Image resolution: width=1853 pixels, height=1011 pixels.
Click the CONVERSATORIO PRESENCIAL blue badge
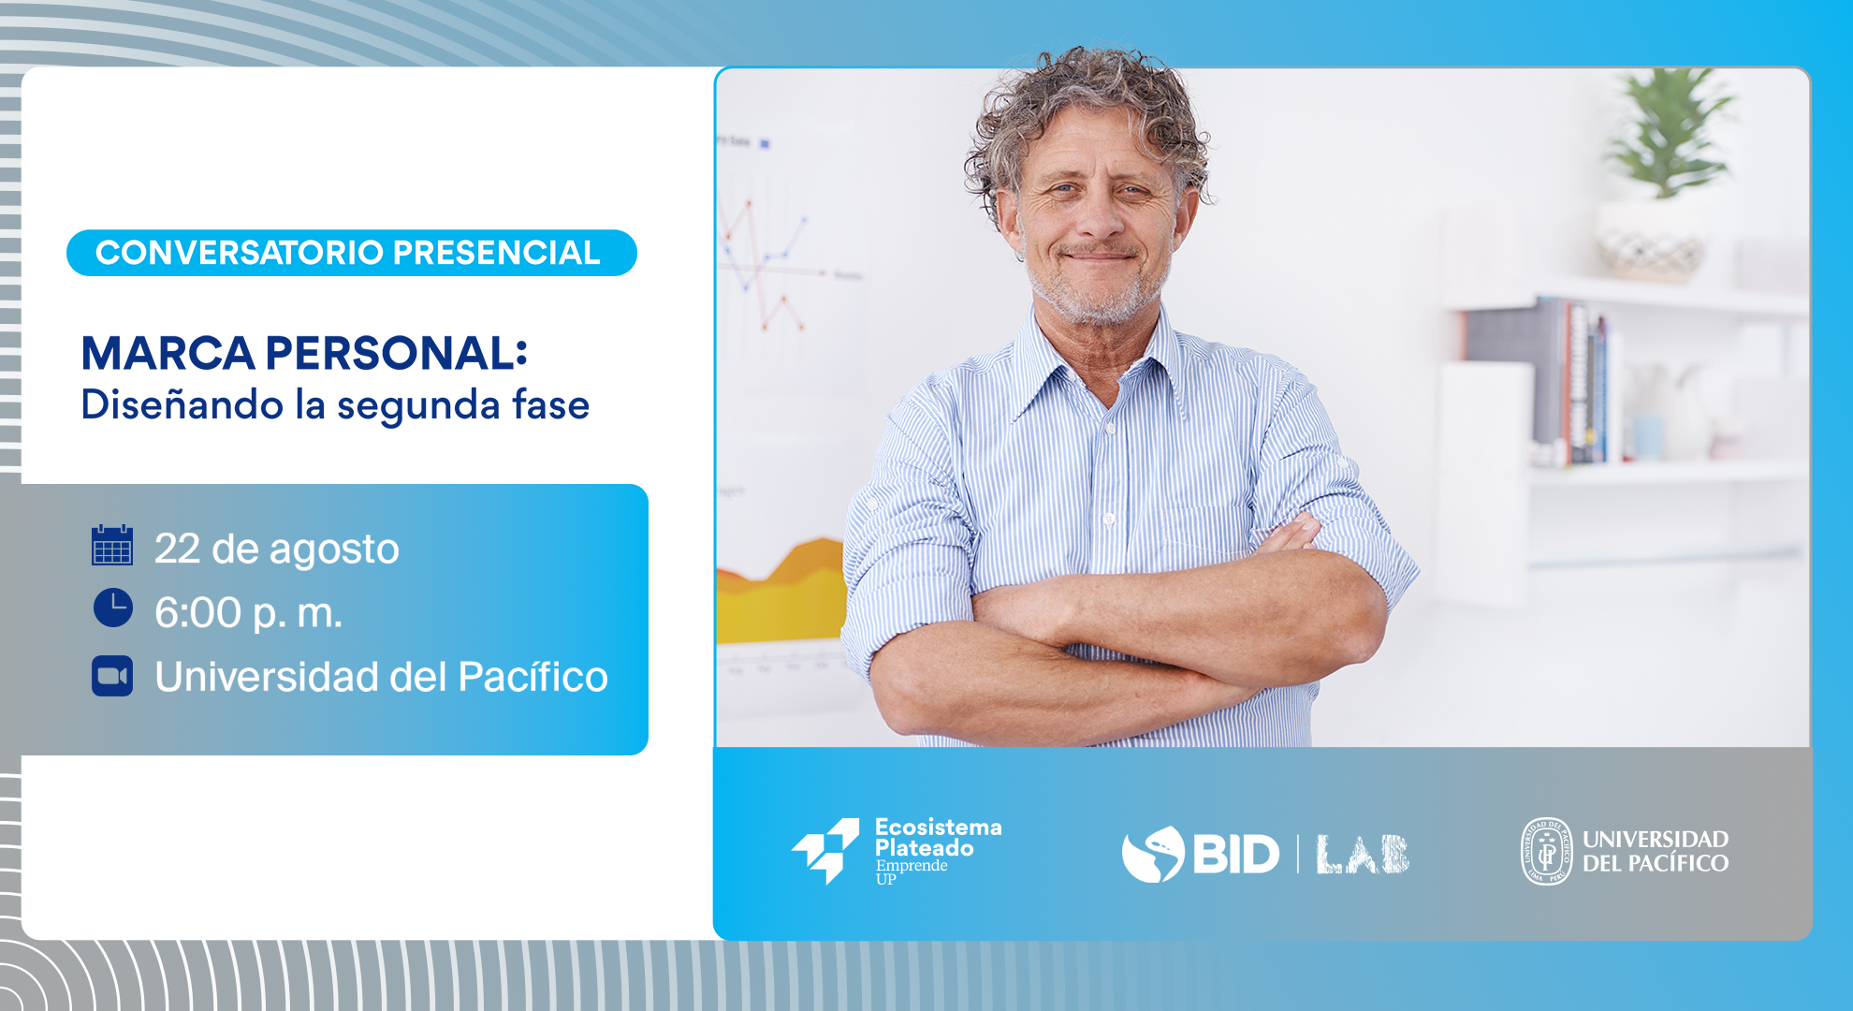click(352, 253)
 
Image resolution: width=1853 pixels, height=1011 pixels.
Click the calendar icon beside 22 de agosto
click(112, 545)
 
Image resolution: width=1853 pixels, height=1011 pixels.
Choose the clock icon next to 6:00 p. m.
click(113, 608)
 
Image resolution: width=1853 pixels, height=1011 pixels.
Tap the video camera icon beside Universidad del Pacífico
click(112, 676)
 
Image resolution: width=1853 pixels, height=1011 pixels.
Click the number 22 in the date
click(178, 549)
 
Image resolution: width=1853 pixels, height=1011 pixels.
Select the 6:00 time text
click(198, 613)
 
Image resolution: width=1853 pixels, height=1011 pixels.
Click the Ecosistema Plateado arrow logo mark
click(825, 850)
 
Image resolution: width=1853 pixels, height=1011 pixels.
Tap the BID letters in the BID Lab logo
click(1235, 854)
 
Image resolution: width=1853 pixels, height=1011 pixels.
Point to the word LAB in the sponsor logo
click(1363, 854)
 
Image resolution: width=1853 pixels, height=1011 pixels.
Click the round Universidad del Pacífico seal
click(1546, 851)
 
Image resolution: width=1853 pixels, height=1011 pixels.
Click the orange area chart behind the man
click(782, 590)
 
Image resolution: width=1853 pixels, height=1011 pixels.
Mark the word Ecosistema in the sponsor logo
click(938, 828)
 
